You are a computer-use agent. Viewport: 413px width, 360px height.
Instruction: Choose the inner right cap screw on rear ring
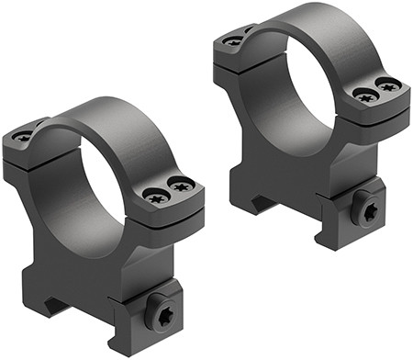[364, 95]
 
